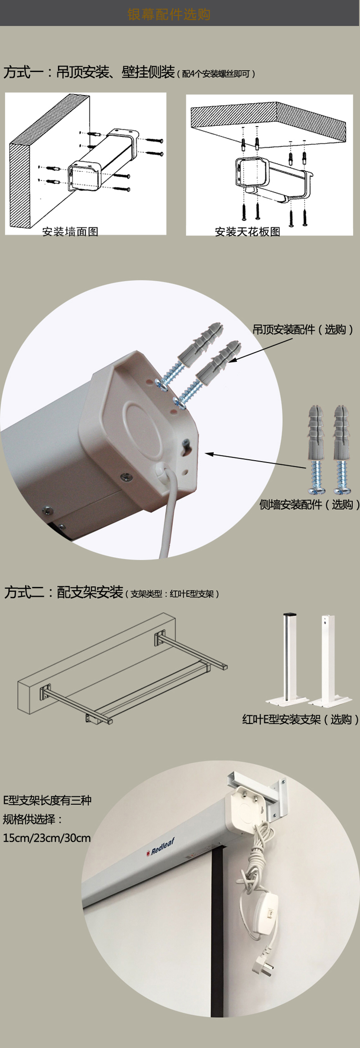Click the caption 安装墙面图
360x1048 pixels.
click(70, 232)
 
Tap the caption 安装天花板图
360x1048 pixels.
click(247, 232)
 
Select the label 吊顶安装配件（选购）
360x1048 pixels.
click(303, 329)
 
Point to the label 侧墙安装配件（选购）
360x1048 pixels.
click(309, 504)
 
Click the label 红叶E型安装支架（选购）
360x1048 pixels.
click(300, 719)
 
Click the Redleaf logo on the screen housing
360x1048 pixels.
click(161, 847)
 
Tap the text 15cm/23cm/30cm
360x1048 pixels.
click(47, 838)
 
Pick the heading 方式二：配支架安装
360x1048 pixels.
click(64, 592)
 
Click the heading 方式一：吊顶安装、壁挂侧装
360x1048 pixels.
click(89, 72)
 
